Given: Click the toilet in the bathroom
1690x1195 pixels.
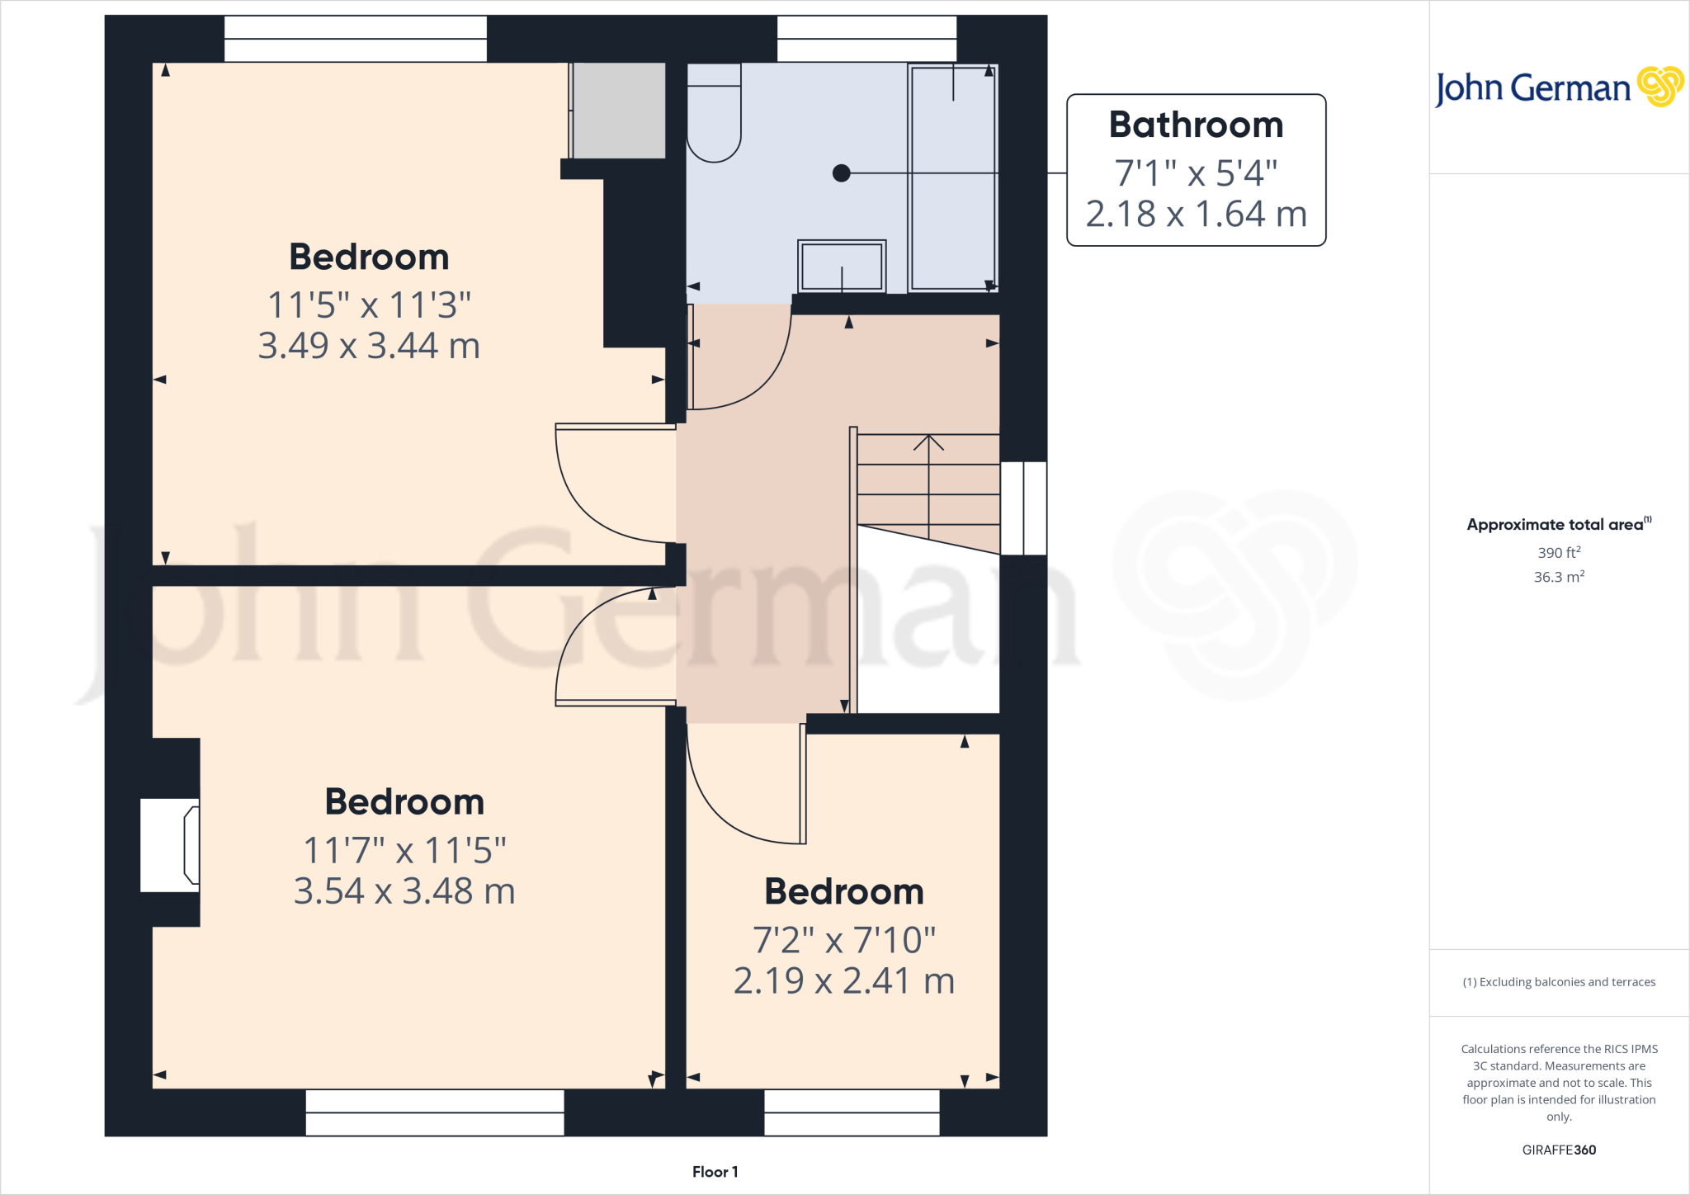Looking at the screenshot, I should (x=714, y=116).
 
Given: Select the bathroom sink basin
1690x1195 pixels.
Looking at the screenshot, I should (x=842, y=266).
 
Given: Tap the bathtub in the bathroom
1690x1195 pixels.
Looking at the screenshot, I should (x=953, y=177).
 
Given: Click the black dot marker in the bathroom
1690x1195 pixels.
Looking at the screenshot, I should (x=841, y=173).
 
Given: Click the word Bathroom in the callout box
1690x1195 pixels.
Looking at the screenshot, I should (x=1196, y=125).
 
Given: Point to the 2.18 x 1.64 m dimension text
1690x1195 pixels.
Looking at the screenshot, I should (x=1196, y=215).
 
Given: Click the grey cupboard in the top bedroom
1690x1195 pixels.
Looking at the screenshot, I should (x=619, y=111).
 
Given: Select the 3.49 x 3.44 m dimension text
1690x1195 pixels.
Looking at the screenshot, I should (x=369, y=346).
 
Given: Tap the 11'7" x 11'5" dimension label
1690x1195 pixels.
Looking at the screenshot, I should (x=404, y=851).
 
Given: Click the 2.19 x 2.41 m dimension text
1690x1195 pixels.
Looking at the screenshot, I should (x=843, y=981).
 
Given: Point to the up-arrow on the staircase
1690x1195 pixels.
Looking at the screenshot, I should (x=928, y=444).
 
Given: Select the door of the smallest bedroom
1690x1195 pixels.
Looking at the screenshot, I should (x=802, y=784).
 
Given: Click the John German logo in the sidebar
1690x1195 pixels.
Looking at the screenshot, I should (x=1558, y=87).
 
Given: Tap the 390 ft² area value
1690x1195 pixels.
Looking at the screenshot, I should (x=1559, y=553).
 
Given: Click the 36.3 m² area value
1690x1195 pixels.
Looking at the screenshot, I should (x=1559, y=577).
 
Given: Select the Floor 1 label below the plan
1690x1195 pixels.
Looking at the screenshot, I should (x=715, y=1172).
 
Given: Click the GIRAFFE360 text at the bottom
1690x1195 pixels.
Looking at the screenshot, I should (x=1559, y=1150).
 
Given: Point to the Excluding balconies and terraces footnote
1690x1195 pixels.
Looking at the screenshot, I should (x=1559, y=982).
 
